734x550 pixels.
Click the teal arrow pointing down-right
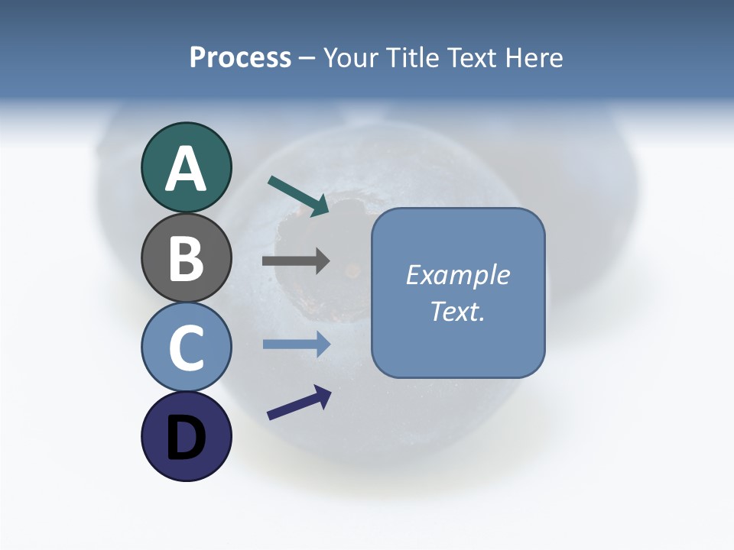[x=297, y=196]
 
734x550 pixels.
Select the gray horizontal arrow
[x=295, y=261]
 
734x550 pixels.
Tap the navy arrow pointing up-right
[x=299, y=403]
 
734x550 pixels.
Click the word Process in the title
[x=240, y=58]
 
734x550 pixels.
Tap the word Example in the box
[x=457, y=276]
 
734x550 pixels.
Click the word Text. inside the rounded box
[x=457, y=312]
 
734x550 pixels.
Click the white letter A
[x=186, y=170]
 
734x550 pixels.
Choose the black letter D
[x=186, y=438]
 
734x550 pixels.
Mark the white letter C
[x=186, y=348]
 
